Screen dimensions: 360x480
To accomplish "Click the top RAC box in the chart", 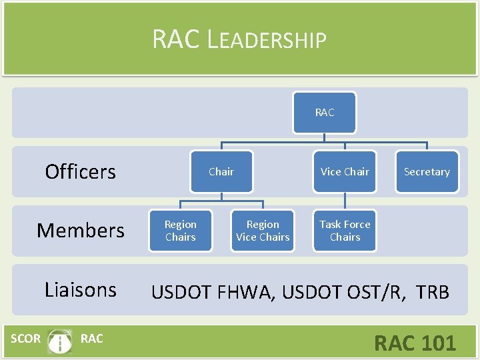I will click(x=324, y=113).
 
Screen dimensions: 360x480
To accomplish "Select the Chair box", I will click(x=221, y=172).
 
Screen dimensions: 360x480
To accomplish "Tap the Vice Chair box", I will click(x=345, y=172).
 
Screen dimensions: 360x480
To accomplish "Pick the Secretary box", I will click(x=427, y=172).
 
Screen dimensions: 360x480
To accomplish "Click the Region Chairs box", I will click(x=181, y=231).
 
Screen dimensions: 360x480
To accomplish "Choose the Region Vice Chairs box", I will click(x=263, y=231).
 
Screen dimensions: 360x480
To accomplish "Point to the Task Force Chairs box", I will click(x=345, y=231).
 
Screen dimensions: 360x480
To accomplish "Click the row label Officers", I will click(x=80, y=172).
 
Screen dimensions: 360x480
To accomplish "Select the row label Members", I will click(x=80, y=231).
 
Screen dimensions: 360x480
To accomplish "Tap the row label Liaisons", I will click(x=80, y=289).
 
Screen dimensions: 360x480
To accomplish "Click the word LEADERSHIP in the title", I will click(x=267, y=40).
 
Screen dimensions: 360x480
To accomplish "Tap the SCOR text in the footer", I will click(x=25, y=339).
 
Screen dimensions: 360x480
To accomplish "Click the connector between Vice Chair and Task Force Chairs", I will click(x=345, y=202).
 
